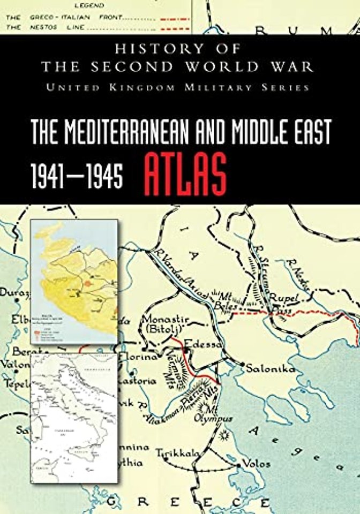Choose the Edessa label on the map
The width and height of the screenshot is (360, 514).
(202, 344)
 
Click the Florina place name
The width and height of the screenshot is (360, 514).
(138, 356)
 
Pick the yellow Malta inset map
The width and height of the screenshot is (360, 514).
(74, 282)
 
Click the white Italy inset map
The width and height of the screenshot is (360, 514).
(73, 418)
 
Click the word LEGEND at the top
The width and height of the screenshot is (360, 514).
(89, 6)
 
